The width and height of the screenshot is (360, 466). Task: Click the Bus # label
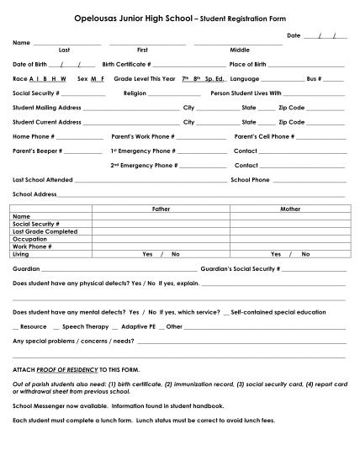(313, 77)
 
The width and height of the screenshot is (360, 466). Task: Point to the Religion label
(135, 93)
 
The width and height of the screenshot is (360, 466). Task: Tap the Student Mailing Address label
(47, 108)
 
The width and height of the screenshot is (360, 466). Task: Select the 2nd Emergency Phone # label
(144, 166)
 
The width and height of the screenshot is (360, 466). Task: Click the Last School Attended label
(43, 180)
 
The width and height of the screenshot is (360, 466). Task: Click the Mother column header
(290, 209)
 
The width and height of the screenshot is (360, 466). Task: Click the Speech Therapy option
(86, 326)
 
